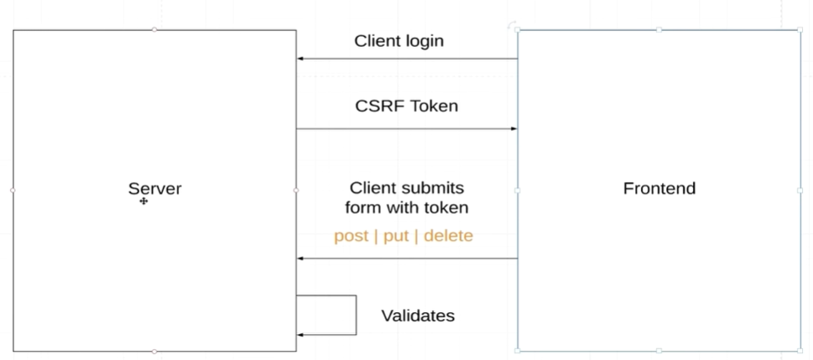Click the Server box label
click(154, 189)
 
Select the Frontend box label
click(659, 188)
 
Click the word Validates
click(418, 316)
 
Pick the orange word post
click(351, 236)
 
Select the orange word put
click(396, 236)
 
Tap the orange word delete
click(448, 236)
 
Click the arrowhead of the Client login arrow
click(300, 59)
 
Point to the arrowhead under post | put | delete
click(300, 258)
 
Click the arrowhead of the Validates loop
click(300, 335)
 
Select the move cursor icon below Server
click(143, 201)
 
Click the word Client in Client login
click(377, 40)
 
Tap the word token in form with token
click(446, 207)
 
